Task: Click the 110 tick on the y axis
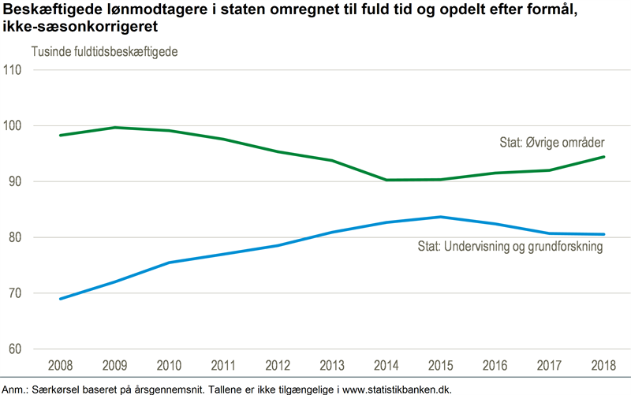(x=14, y=69)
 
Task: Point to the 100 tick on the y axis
(x=14, y=125)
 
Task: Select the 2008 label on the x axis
(x=60, y=367)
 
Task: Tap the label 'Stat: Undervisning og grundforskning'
(x=510, y=247)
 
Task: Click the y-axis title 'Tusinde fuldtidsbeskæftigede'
(x=104, y=52)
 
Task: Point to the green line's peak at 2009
(x=116, y=128)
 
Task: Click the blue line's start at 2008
(x=60, y=299)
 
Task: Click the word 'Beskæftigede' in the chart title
(x=50, y=9)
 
